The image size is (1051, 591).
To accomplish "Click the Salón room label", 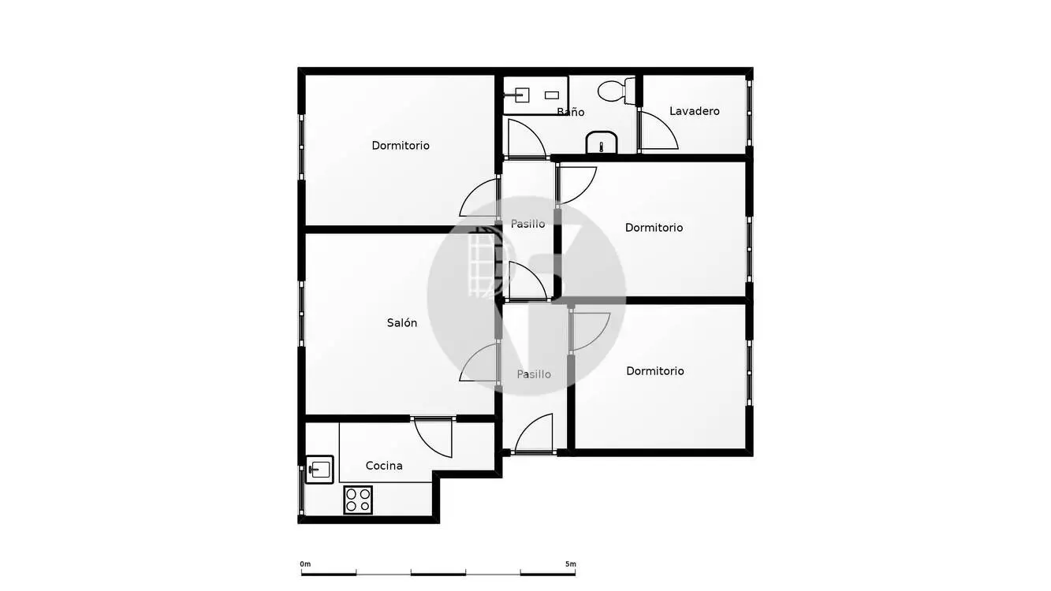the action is (x=401, y=323).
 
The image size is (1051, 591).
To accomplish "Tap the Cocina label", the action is (x=384, y=466).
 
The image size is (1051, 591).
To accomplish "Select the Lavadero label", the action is (x=695, y=111).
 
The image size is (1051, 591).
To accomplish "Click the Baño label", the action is (x=571, y=112).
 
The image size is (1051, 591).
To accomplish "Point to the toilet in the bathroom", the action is (x=616, y=91).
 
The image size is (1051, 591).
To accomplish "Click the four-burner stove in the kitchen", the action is (x=358, y=500).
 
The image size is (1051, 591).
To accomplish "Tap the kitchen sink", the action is (x=319, y=470).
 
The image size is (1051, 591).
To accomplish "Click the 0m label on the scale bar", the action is (x=305, y=564).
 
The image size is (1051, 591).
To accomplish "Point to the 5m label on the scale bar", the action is (x=571, y=564).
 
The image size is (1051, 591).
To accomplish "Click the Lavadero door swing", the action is (x=658, y=130).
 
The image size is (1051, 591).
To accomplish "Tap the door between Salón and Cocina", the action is (x=433, y=437).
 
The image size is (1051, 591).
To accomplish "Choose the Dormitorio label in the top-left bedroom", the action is (x=401, y=146).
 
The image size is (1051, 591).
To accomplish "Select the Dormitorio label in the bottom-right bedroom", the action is (x=655, y=371).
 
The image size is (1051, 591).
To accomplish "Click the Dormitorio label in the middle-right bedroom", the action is (x=654, y=228).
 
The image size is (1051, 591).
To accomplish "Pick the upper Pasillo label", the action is (x=527, y=225).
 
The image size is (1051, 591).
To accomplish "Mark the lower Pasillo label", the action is (x=534, y=374).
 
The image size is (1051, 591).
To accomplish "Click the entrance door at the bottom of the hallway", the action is (x=534, y=433).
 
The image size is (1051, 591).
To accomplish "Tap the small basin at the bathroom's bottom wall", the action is (x=601, y=143).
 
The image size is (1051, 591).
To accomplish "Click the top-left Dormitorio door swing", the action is (x=479, y=197).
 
